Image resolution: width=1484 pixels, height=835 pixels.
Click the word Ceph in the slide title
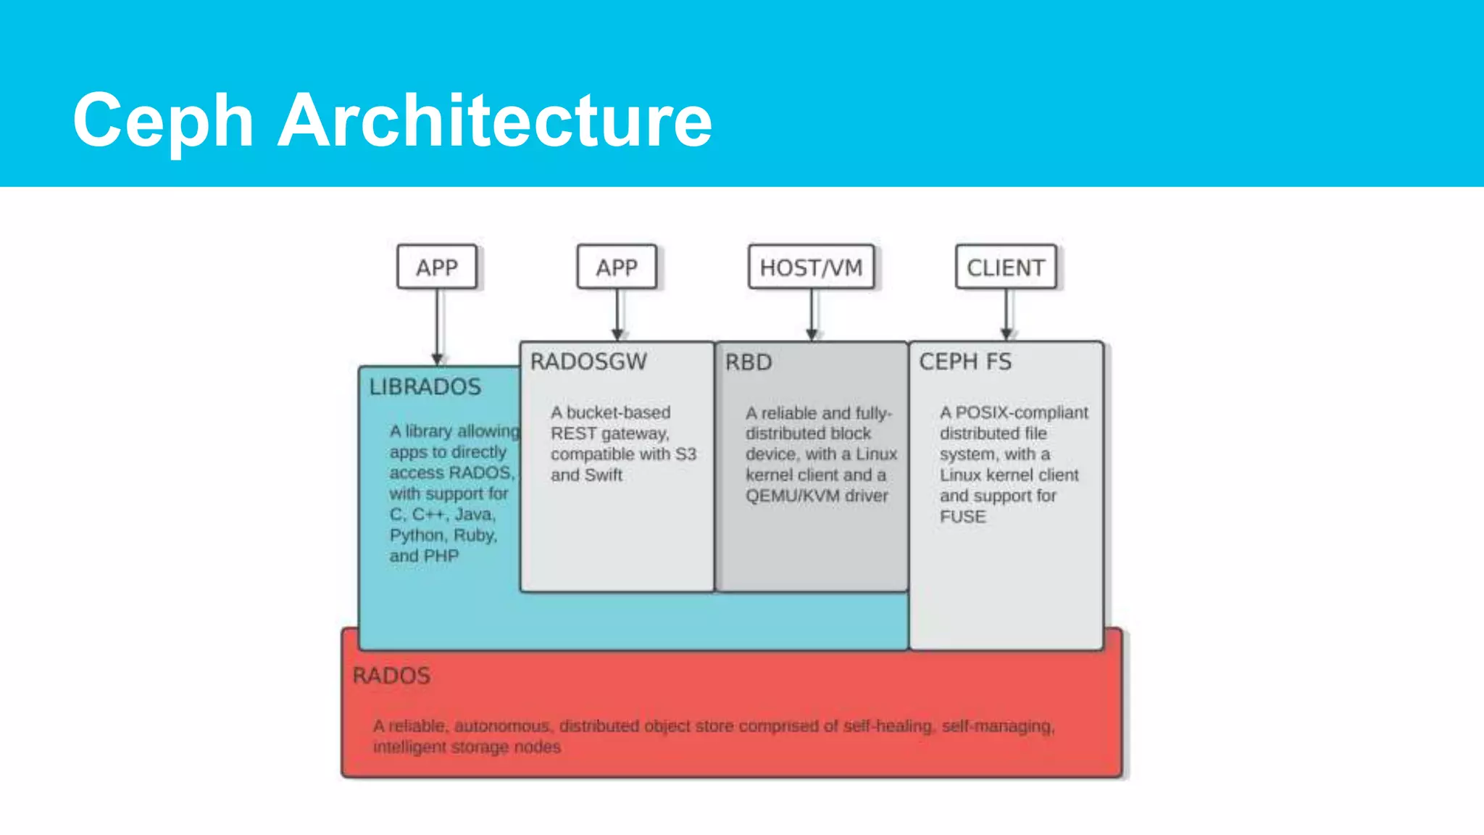(163, 121)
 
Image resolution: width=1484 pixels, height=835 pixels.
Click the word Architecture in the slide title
(495, 120)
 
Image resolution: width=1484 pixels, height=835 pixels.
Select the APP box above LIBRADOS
(437, 267)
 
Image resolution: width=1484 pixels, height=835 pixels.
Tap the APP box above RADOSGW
(617, 267)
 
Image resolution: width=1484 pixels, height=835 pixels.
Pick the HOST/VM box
(811, 267)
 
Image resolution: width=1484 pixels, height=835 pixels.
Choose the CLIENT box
(1006, 267)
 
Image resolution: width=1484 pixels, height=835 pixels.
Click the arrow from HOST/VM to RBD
(812, 315)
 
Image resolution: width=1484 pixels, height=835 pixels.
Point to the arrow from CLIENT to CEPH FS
(1006, 315)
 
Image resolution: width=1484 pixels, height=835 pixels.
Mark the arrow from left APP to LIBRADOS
(437, 326)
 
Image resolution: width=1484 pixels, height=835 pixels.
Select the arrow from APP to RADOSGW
(617, 315)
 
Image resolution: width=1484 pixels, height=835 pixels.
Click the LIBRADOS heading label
(425, 387)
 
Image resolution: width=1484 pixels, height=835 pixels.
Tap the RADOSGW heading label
(588, 362)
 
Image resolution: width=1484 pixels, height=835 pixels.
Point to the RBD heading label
(749, 362)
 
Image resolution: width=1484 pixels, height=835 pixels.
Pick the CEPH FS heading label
(965, 362)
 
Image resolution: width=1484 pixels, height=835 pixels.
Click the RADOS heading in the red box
(391, 676)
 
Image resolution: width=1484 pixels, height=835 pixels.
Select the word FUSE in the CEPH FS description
(963, 517)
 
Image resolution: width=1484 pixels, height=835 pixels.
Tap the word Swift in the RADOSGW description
(604, 475)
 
